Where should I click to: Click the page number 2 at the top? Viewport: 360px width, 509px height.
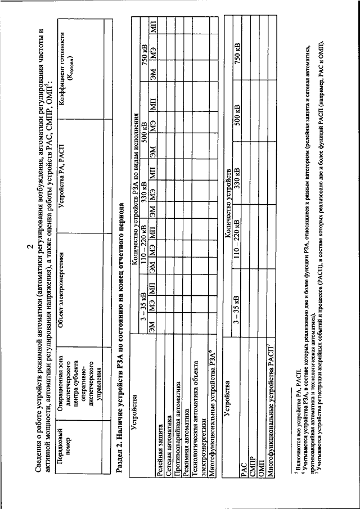click(x=28, y=254)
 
